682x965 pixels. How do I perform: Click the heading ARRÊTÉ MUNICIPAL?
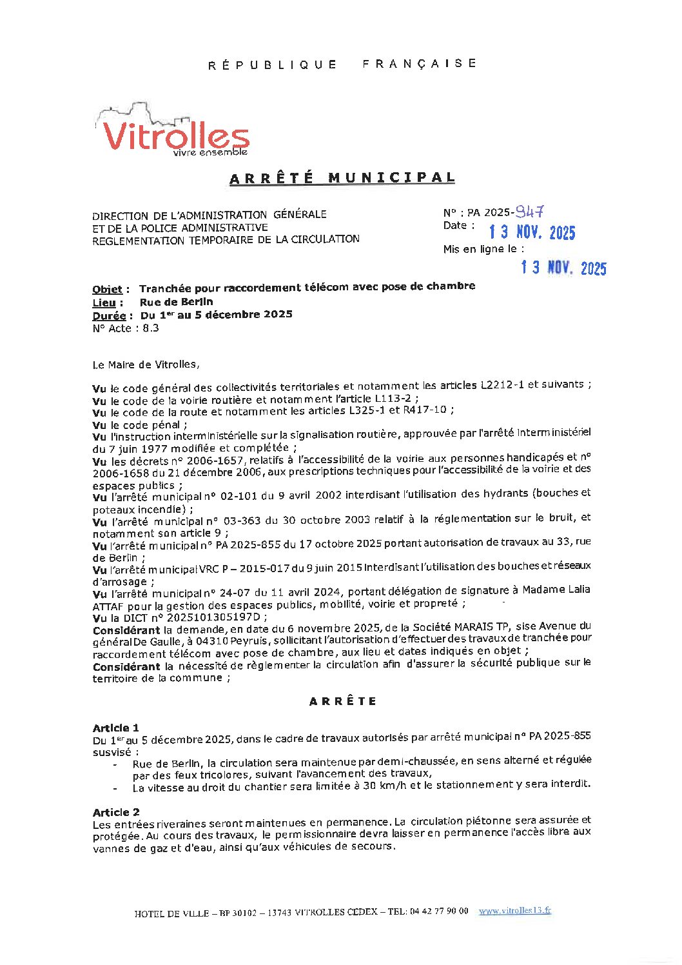tap(342, 178)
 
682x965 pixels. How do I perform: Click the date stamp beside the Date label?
tap(532, 232)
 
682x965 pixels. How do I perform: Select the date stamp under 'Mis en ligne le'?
tap(563, 268)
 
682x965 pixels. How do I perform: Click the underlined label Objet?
tap(107, 290)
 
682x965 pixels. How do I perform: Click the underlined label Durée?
tap(109, 316)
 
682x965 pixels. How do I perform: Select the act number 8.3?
tap(151, 328)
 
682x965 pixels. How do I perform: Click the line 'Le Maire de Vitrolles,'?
tap(146, 365)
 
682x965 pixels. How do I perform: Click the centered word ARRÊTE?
tap(342, 702)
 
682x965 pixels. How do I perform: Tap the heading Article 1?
tap(115, 728)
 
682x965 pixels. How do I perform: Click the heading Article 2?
tap(116, 812)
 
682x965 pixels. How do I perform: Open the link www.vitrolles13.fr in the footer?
tap(514, 911)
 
